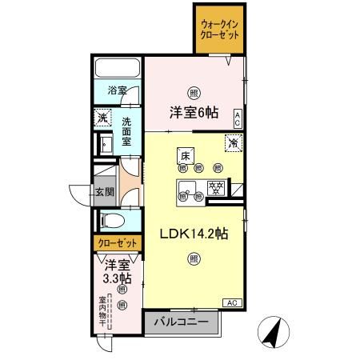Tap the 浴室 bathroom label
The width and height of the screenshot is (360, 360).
tap(117, 91)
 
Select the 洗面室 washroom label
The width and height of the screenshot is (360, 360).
tap(127, 130)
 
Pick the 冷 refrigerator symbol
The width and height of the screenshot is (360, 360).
tap(232, 144)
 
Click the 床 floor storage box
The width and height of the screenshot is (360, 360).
tap(185, 155)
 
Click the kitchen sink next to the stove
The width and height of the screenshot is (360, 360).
tap(189, 190)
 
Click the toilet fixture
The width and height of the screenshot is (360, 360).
tap(112, 219)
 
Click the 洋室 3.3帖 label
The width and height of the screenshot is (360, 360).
tap(118, 272)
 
